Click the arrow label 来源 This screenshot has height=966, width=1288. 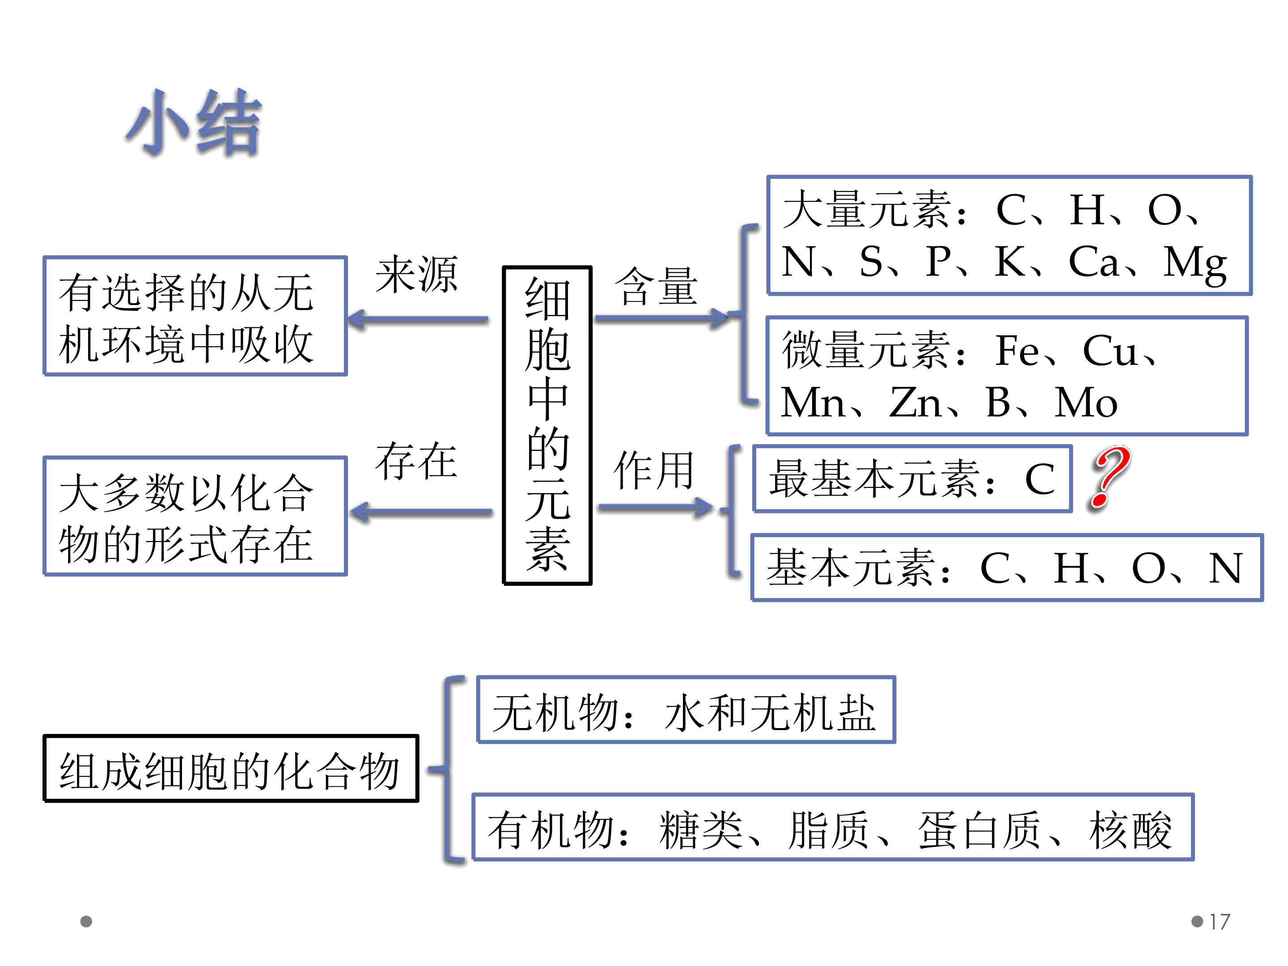click(x=416, y=274)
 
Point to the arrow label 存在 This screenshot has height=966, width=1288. click(x=416, y=461)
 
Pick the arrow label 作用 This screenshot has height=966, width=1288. click(x=653, y=470)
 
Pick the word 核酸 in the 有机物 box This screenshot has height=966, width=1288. click(x=1130, y=829)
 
